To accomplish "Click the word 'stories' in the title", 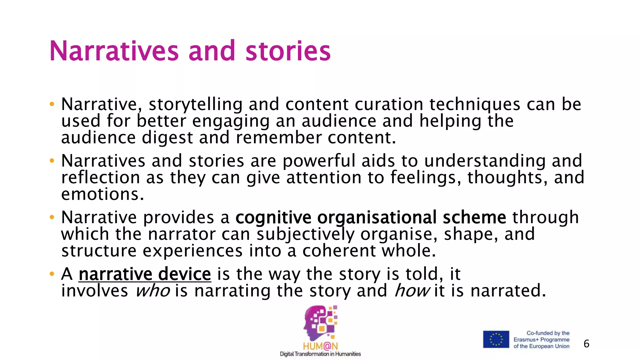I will click(x=288, y=51).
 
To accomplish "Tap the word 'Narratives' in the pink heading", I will click(x=114, y=51).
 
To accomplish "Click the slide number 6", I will click(x=586, y=344).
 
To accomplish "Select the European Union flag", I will click(x=496, y=339).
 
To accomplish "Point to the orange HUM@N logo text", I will click(x=320, y=346).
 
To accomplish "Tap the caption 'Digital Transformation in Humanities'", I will click(x=320, y=354).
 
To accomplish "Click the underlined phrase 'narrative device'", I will click(x=145, y=274).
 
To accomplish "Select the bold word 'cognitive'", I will click(x=273, y=217).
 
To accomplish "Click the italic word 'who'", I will click(x=153, y=291).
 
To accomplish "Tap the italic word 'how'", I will click(x=412, y=291).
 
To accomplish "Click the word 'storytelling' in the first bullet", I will click(x=196, y=104).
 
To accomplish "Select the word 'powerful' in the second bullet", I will click(x=319, y=161).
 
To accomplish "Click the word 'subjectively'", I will click(x=306, y=234).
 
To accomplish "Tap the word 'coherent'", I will click(x=339, y=251).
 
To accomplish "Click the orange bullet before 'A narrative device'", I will click(x=52, y=274).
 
